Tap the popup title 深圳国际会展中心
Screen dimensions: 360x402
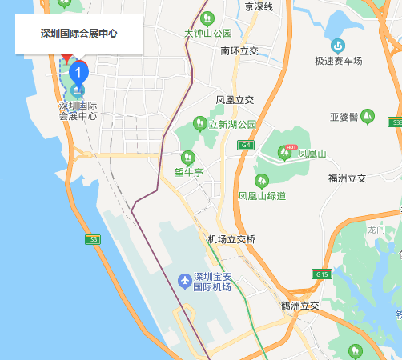[x=79, y=34]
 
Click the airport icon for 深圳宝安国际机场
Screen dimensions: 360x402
[x=184, y=281]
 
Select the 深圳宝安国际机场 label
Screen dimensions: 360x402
[x=213, y=282]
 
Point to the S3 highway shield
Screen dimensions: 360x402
[x=93, y=239]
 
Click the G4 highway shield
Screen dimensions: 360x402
[x=246, y=145]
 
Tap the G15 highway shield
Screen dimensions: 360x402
[x=322, y=274]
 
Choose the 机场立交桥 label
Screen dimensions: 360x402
[x=231, y=239]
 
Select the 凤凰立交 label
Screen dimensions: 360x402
[x=235, y=100]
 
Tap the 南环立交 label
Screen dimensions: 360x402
[x=239, y=50]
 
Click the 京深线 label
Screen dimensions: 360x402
[x=259, y=6]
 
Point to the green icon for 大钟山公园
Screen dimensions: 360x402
[x=208, y=18]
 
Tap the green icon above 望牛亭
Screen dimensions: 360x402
[x=189, y=157]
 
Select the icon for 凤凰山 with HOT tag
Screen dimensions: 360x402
[x=287, y=152]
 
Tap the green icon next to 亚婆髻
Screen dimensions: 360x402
[x=368, y=116]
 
